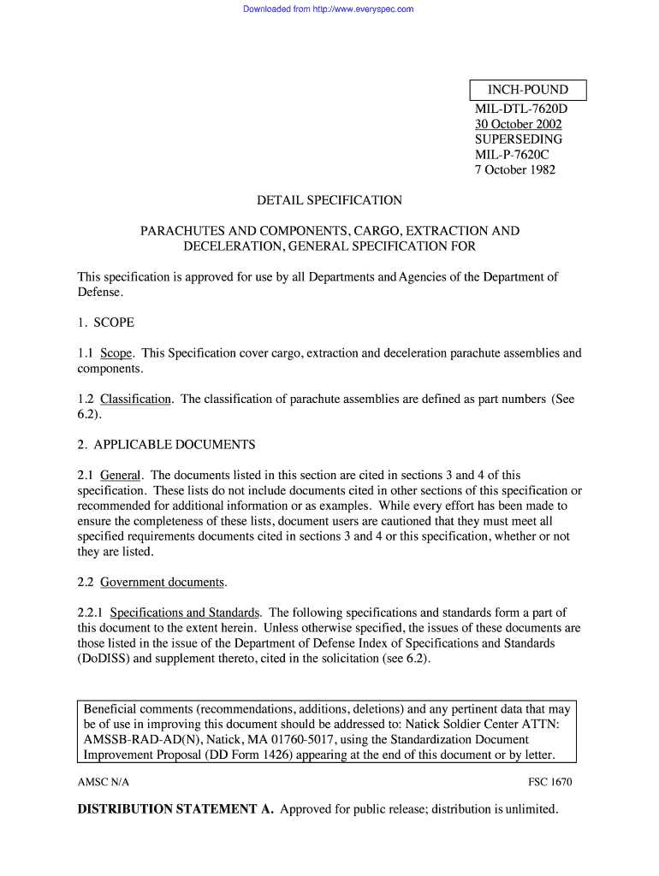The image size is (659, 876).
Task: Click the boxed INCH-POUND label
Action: pos(528,90)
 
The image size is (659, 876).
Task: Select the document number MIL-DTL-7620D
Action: pos(521,109)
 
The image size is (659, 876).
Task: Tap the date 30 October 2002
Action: pos(519,124)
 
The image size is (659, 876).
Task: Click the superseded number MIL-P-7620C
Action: pos(512,155)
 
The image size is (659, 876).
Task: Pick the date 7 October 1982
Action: pos(515,169)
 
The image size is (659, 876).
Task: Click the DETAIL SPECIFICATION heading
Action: pos(329,200)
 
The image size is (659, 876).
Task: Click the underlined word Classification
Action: pos(135,399)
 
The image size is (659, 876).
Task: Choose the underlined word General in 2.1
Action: pos(121,475)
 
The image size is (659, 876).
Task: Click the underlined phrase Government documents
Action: pos(163,583)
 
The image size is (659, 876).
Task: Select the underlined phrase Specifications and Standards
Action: pos(186,613)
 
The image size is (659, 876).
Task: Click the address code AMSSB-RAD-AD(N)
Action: pos(136,739)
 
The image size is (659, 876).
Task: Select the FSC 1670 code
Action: pos(550,783)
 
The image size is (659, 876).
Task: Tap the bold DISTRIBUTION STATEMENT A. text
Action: pos(175,809)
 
